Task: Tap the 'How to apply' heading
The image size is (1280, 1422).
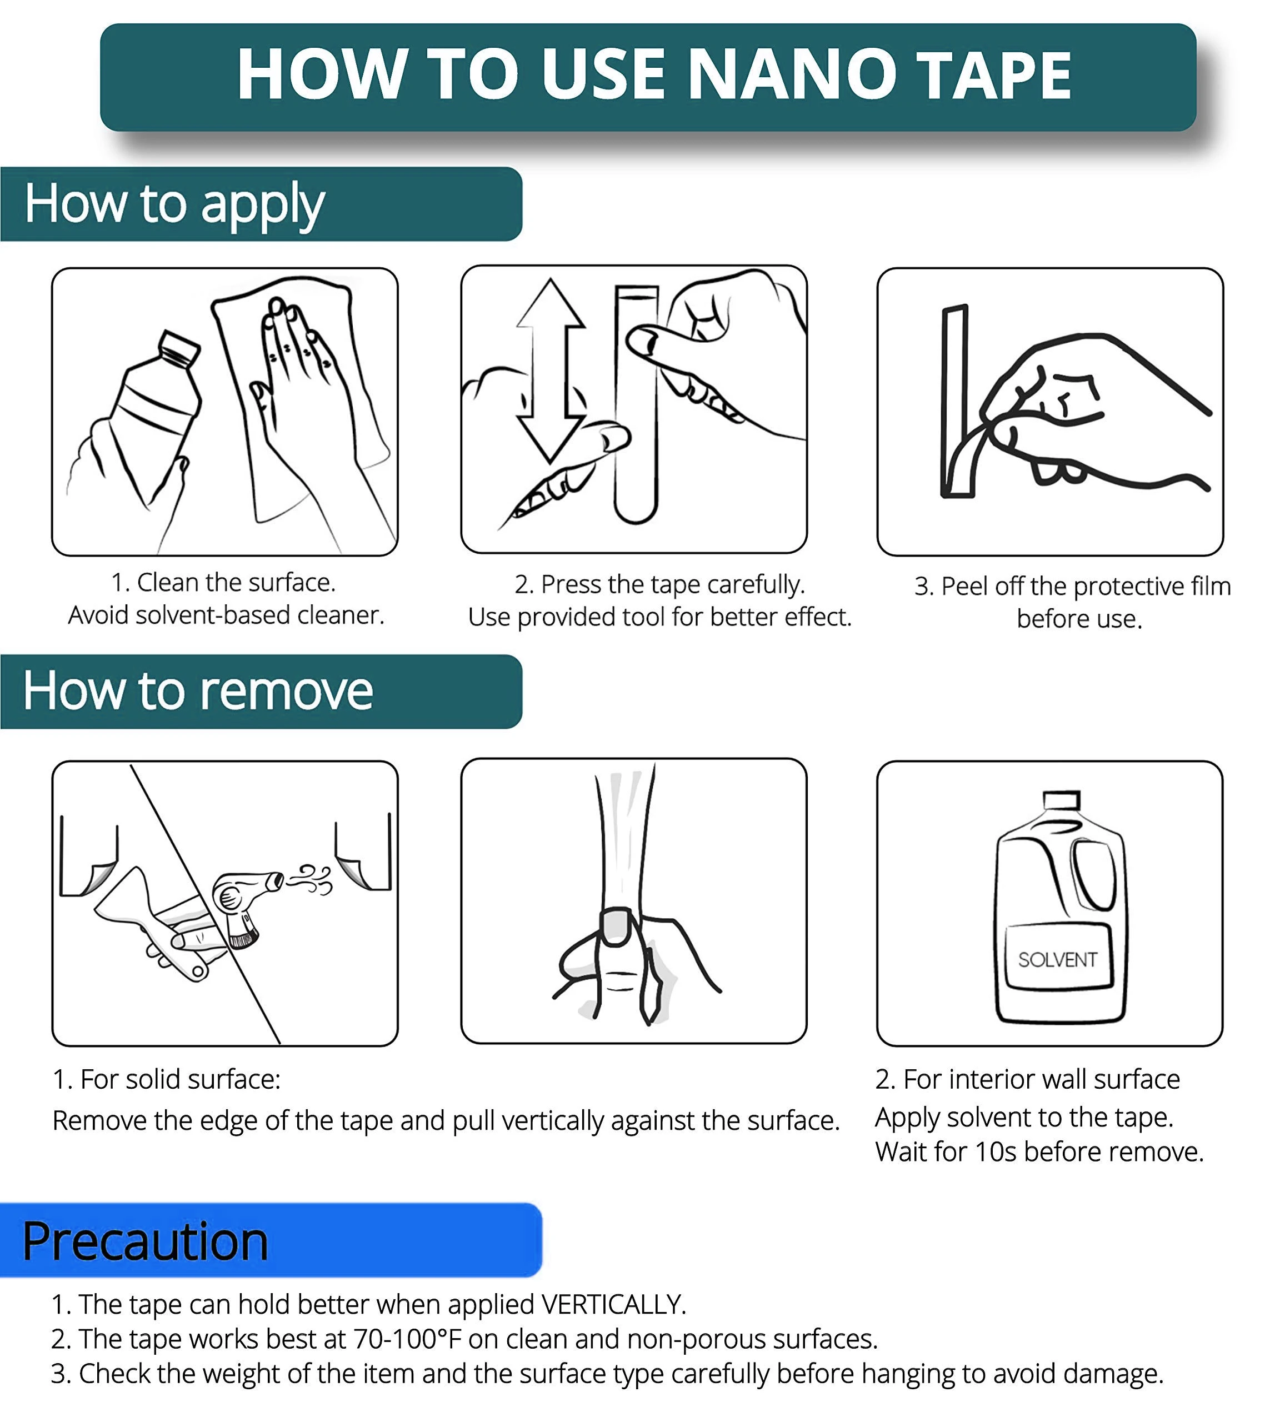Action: (x=174, y=204)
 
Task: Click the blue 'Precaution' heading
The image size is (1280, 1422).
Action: (x=145, y=1241)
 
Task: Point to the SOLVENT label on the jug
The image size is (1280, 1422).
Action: (x=1057, y=959)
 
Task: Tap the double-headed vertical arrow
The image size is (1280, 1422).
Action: (x=550, y=370)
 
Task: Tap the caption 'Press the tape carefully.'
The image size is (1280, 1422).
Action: (x=673, y=584)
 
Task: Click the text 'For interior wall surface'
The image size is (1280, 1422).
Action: (x=1042, y=1079)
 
